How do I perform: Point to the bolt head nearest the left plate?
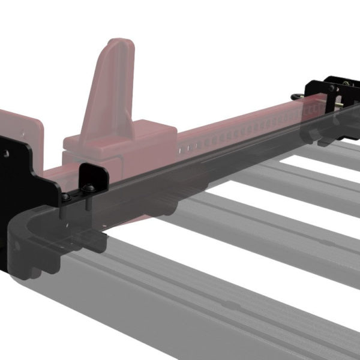65,196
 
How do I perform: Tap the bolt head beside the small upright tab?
88,188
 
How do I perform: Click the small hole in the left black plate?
7,154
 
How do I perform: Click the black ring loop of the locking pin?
297,96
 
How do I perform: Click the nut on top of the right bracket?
346,81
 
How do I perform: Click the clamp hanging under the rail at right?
327,135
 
